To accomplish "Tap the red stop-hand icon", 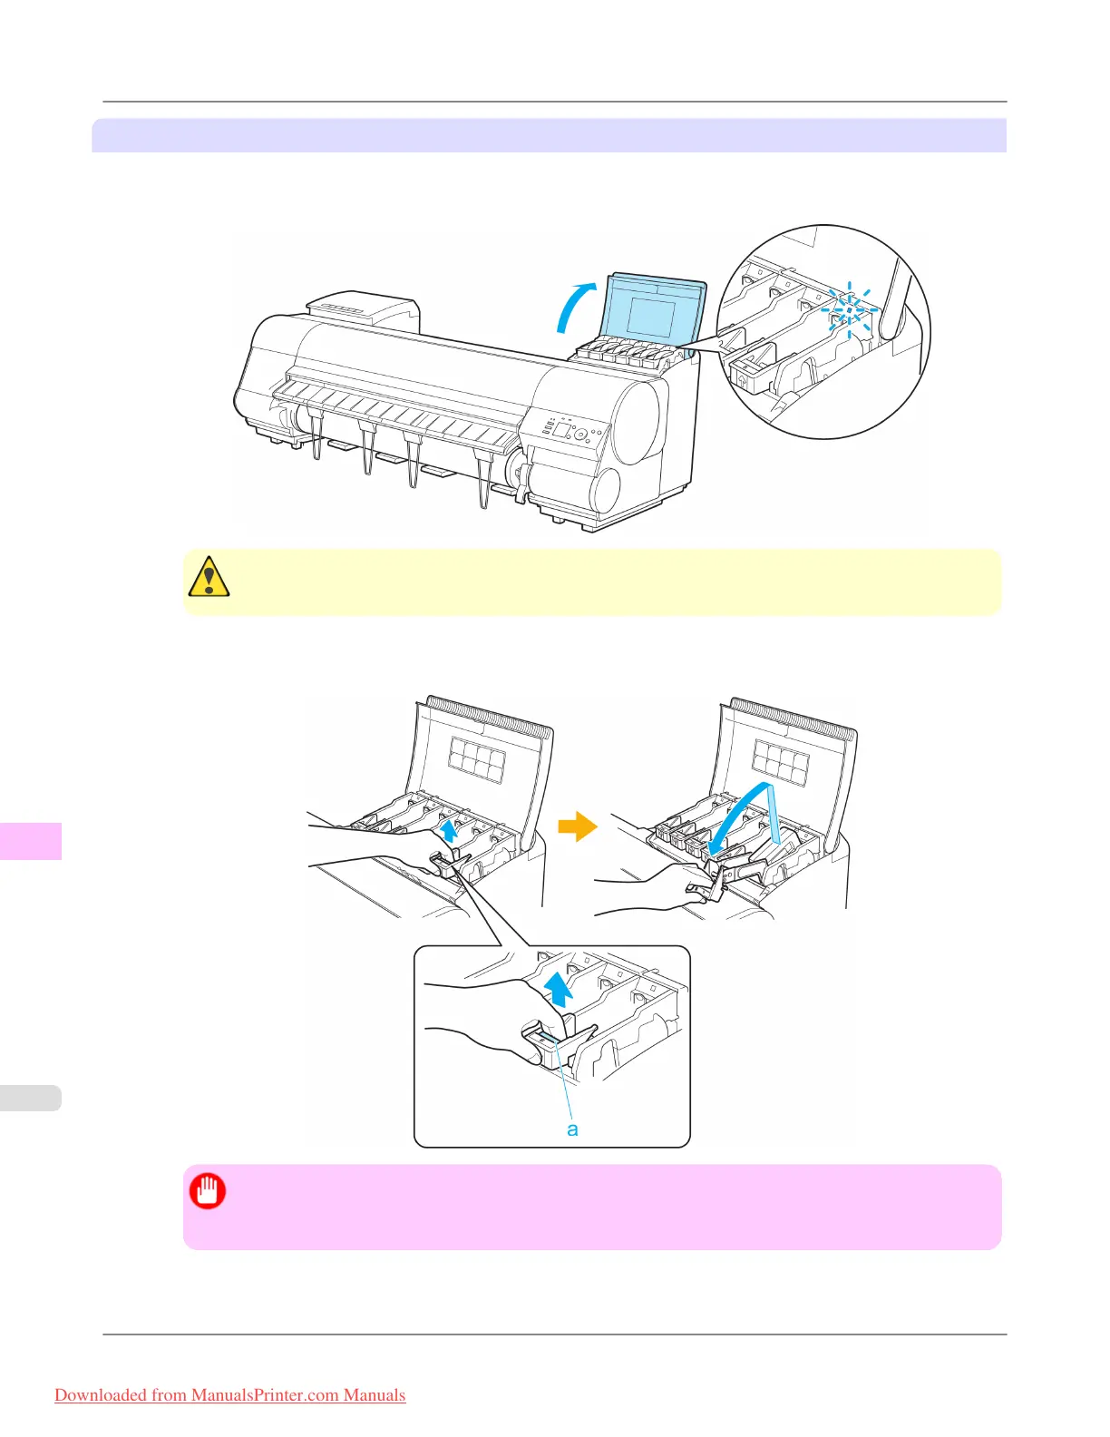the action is [x=208, y=1191].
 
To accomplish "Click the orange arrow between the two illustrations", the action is [x=577, y=826].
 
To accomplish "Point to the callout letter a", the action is [x=572, y=1129].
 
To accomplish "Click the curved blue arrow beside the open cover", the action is [x=573, y=308].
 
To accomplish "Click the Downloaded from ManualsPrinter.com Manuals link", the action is [x=230, y=1395].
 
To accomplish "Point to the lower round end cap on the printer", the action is [x=604, y=491].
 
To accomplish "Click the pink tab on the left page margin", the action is [x=30, y=840].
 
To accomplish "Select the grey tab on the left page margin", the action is [x=30, y=1098].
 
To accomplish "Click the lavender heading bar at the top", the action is [x=549, y=135].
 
